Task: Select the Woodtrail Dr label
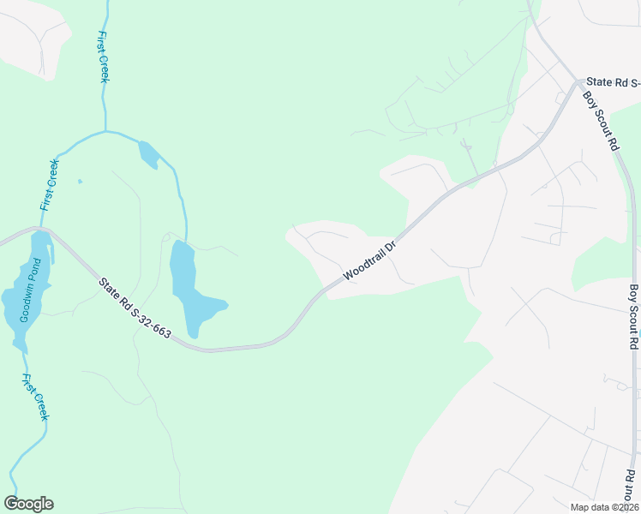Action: pos(369,261)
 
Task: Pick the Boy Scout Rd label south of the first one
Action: pos(634,316)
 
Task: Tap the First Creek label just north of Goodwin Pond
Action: pos(50,185)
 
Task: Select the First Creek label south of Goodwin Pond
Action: pos(35,397)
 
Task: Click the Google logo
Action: pos(28,504)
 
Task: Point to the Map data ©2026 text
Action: pos(604,507)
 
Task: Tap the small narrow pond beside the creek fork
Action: pos(147,153)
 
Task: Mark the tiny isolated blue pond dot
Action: pos(80,181)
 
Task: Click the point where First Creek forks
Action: pos(105,132)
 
